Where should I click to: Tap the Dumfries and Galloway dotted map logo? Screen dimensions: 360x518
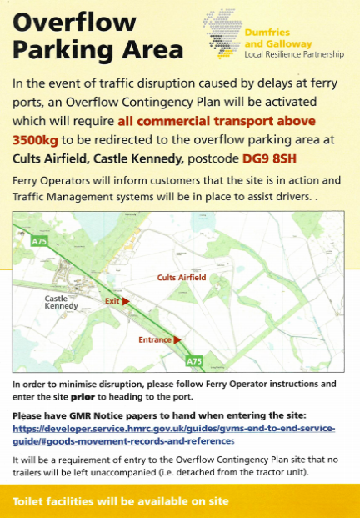point(220,35)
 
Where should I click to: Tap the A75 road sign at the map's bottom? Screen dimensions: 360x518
point(193,361)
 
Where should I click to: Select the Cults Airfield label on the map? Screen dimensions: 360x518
point(182,276)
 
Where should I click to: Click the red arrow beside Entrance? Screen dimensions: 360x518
point(177,339)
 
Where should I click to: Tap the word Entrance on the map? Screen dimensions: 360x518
point(155,339)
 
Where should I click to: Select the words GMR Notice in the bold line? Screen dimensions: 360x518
point(93,415)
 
